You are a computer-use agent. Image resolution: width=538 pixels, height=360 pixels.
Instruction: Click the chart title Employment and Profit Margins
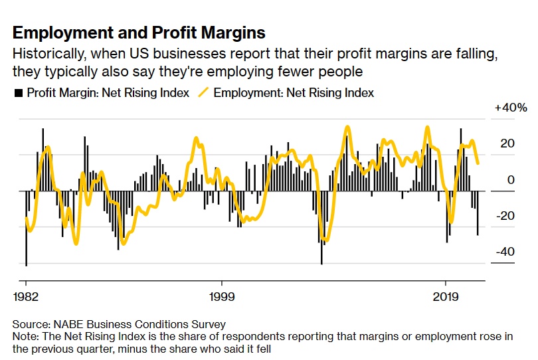pyautogui.click(x=139, y=33)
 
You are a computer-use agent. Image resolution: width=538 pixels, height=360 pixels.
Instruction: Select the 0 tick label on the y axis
pyautogui.click(x=509, y=180)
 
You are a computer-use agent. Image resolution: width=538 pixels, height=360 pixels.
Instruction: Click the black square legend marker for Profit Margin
pyautogui.click(x=18, y=93)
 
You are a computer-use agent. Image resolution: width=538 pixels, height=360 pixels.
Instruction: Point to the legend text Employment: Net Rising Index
pyautogui.click(x=294, y=93)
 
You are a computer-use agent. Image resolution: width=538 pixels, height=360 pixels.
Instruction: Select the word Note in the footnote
pyautogui.click(x=25, y=336)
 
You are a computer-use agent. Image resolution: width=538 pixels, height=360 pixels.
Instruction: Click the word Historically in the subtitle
pyautogui.click(x=46, y=53)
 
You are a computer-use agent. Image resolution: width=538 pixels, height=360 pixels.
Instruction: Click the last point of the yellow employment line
pyautogui.click(x=478, y=163)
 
